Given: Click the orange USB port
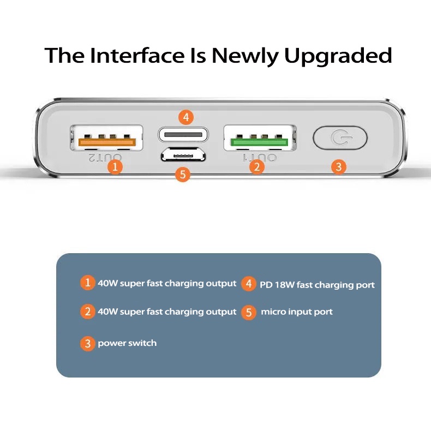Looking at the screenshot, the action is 106,138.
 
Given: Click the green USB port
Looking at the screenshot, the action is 260,138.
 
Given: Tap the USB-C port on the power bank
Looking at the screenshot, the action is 183,135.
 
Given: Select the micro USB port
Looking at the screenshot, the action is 183,155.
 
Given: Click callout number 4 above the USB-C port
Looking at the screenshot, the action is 186,117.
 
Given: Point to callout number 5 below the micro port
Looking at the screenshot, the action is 183,174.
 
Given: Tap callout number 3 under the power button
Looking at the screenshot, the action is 339,167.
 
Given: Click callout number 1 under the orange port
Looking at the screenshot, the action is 115,167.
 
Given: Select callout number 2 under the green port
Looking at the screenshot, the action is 257,167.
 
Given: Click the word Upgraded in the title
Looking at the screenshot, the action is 338,56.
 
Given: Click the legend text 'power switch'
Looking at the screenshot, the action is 127,343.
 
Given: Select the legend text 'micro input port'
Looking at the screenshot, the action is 297,312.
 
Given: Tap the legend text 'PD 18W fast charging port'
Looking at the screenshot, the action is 317,285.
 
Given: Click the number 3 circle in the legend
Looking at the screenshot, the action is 88,344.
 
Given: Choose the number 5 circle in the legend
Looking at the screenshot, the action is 249,313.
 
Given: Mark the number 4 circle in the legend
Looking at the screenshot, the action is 249,284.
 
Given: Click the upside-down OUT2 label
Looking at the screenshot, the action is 105,158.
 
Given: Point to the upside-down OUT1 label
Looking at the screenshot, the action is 260,158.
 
